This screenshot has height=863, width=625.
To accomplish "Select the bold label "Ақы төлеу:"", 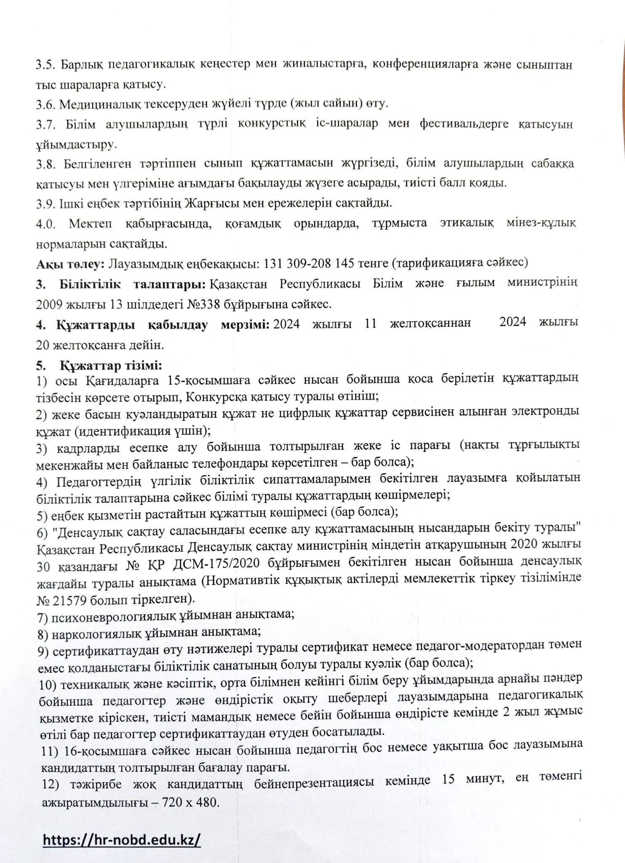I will coord(69,263).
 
